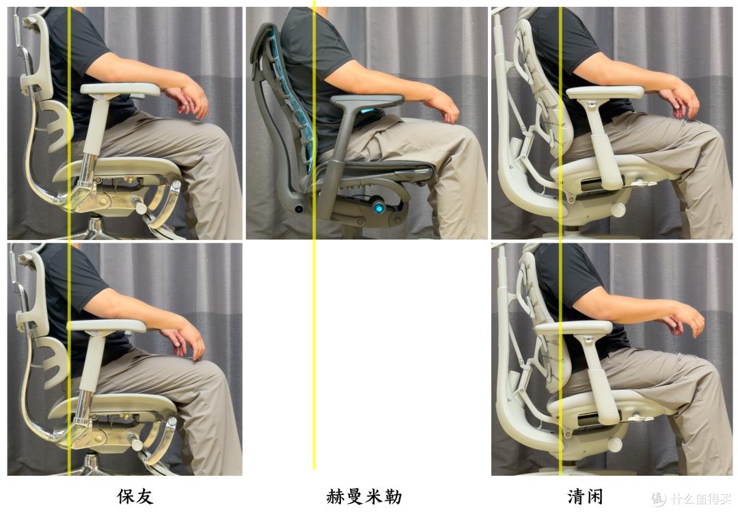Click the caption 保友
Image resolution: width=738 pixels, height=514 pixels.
coord(135,496)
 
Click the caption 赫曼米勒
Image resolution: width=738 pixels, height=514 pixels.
coord(364,496)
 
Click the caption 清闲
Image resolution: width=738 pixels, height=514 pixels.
coord(586,496)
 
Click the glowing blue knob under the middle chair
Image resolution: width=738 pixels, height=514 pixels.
coord(377,206)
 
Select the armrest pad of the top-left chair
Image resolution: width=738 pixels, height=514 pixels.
coord(120,89)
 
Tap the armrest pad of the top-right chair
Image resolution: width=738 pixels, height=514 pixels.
coord(605,92)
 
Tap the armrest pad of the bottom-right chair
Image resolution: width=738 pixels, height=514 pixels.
coord(573,328)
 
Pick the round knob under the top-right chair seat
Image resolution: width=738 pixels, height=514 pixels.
coord(619,210)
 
